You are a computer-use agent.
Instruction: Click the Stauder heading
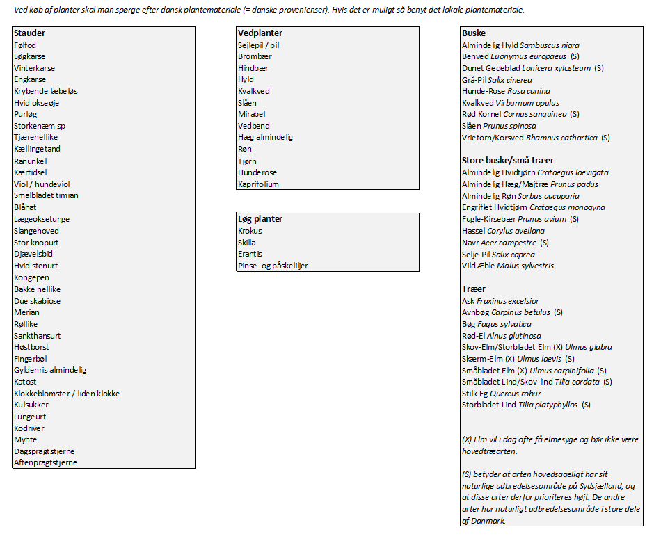(x=29, y=33)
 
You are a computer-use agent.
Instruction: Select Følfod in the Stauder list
(x=25, y=45)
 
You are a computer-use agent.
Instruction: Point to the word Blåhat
(x=25, y=207)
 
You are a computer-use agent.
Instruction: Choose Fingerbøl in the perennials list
(x=31, y=358)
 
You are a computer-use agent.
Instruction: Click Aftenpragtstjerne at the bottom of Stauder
(x=45, y=462)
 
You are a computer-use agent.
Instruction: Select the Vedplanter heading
(x=260, y=33)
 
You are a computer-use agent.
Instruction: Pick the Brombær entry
(x=255, y=56)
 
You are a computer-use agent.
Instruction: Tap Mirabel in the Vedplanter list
(x=251, y=114)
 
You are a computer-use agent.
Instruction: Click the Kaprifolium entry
(x=258, y=184)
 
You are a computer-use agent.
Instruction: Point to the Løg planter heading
(x=260, y=219)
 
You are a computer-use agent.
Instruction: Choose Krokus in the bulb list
(x=250, y=231)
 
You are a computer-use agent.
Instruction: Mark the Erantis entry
(x=250, y=254)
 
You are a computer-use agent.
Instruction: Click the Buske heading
(x=474, y=33)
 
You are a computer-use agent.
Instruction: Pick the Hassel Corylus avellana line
(x=505, y=231)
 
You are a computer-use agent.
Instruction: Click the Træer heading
(x=474, y=289)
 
